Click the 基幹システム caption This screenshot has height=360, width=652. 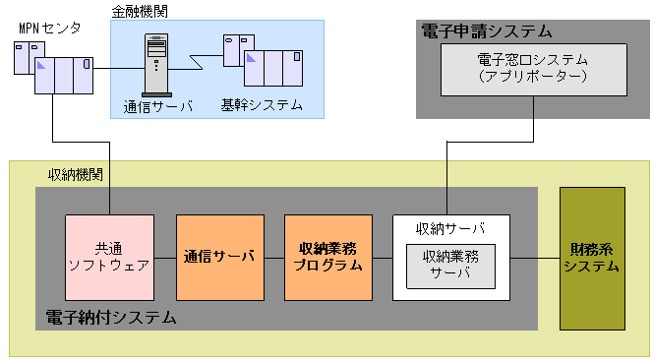[262, 105]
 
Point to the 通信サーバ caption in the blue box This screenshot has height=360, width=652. [157, 105]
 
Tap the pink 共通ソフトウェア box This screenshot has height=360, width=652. [109, 257]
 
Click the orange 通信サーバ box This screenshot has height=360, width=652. [220, 257]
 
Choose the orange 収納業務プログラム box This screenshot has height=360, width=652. [328, 257]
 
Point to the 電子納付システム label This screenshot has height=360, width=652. [111, 318]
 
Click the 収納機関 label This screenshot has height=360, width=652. [78, 175]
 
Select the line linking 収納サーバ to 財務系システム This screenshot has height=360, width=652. [535, 258]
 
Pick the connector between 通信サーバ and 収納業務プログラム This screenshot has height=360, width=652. [274, 258]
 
